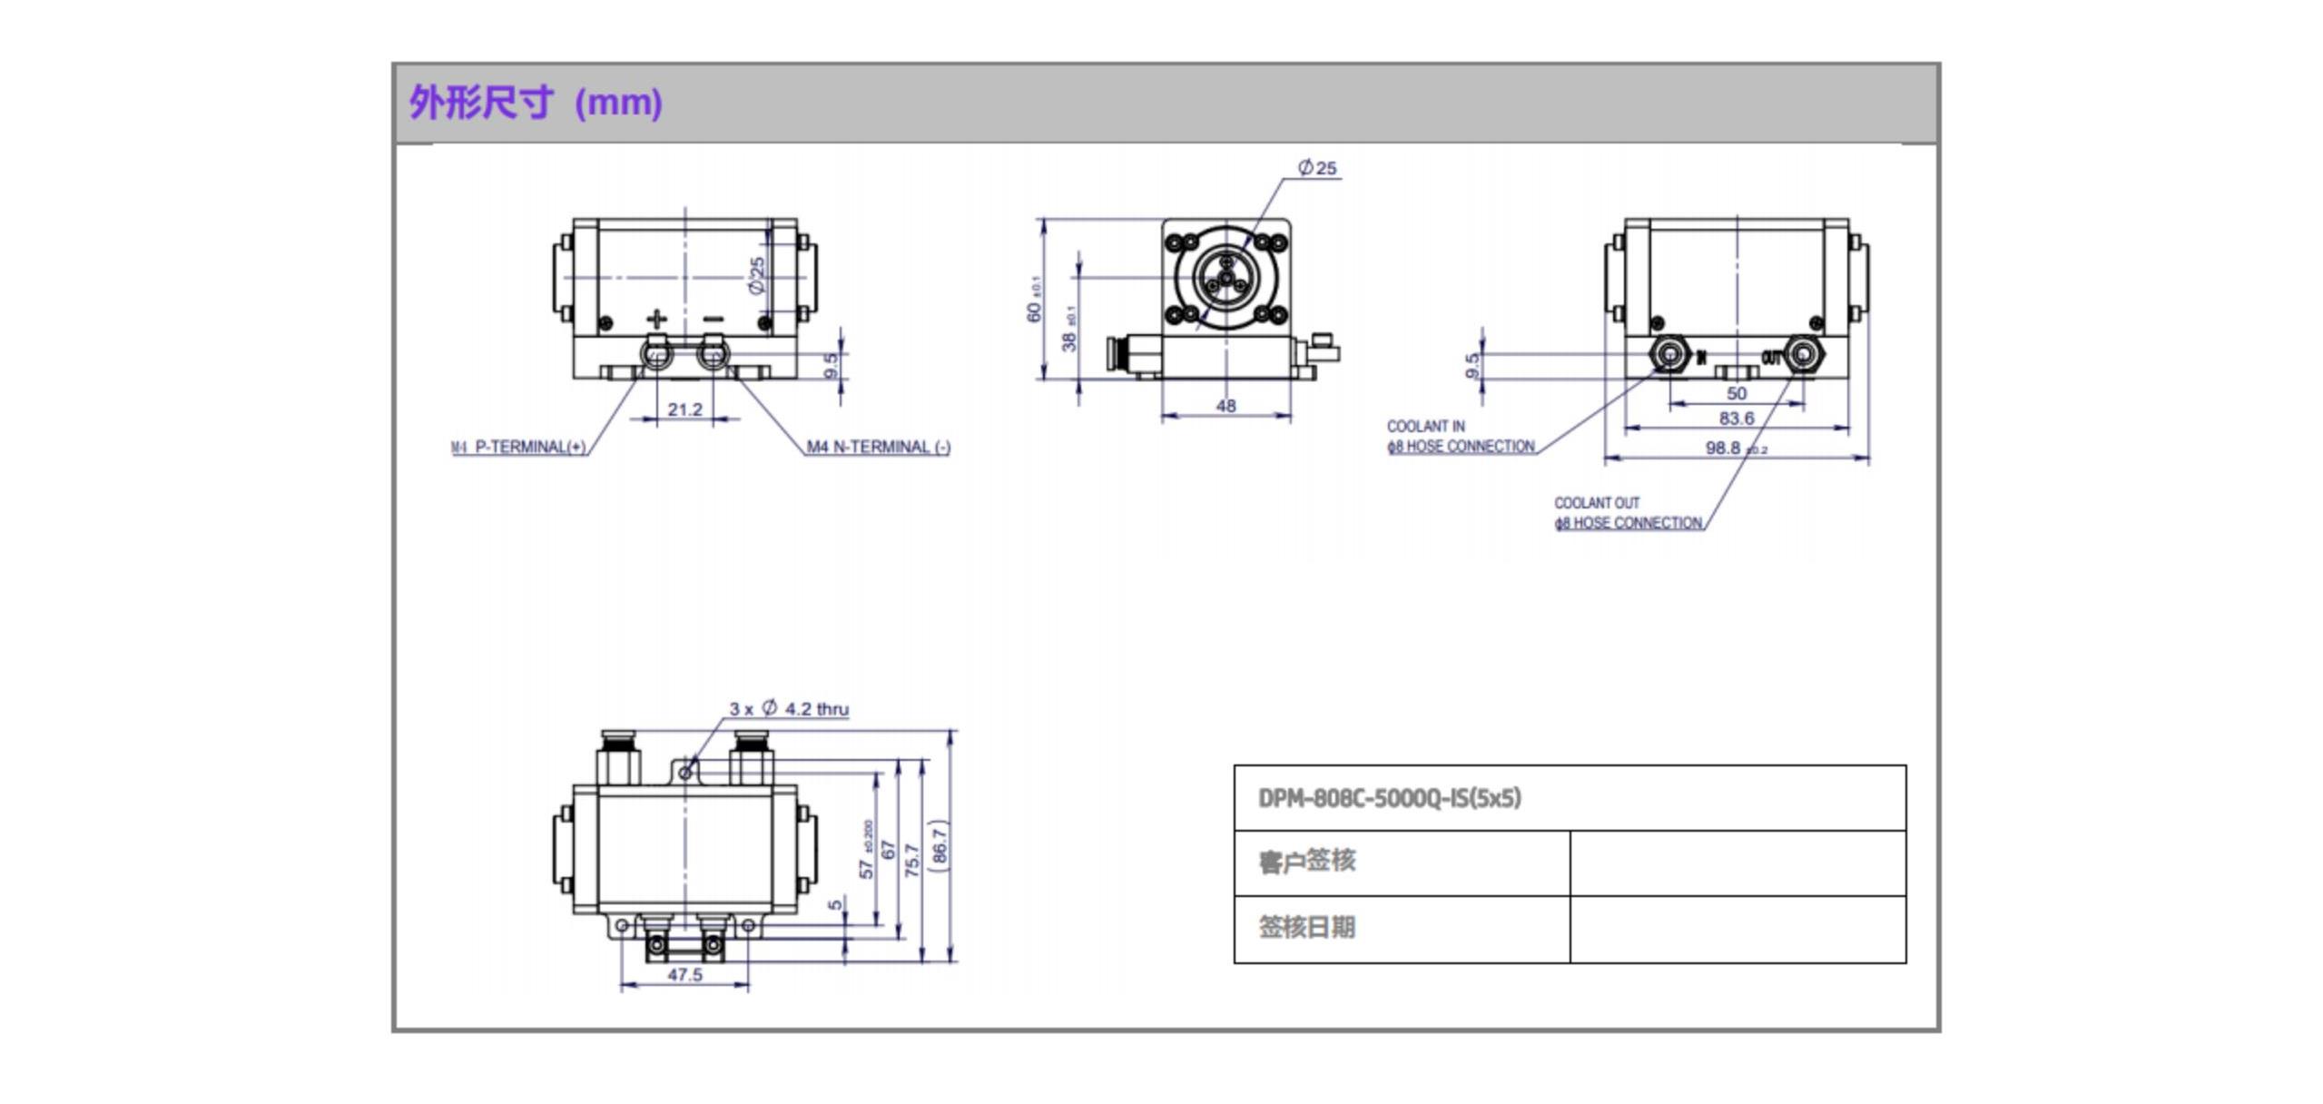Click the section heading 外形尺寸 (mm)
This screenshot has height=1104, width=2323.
point(536,103)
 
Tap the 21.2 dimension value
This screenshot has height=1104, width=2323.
point(684,409)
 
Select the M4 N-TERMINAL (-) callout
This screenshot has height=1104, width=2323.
point(878,447)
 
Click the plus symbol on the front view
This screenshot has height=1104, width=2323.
point(656,319)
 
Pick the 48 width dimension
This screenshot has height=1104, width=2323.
point(1225,406)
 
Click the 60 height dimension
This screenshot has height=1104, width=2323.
point(1033,310)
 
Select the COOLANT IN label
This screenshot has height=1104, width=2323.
point(1425,426)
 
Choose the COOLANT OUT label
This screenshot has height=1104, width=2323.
point(1597,502)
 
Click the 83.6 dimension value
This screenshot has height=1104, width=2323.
point(1736,419)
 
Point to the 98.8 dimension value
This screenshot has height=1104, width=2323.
point(1723,448)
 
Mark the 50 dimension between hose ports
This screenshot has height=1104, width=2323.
point(1736,393)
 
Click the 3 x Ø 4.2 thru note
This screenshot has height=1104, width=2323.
point(789,708)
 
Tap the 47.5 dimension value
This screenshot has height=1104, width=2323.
point(684,974)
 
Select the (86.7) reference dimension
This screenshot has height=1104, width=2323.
point(940,845)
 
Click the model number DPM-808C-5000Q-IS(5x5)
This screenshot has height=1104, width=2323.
point(1389,798)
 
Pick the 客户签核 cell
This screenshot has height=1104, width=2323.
point(1307,861)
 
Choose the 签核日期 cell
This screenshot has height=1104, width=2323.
point(1307,927)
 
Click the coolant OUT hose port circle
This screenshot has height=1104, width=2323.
point(1802,353)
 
